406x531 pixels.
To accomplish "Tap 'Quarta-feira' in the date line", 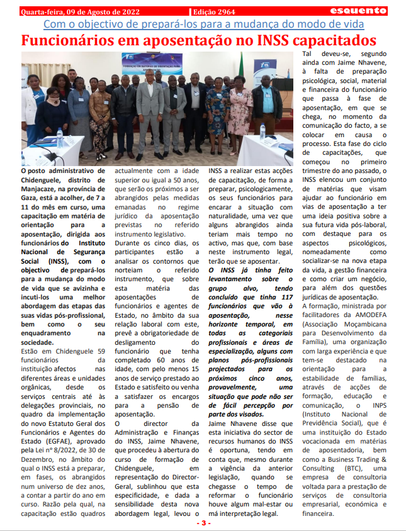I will point(43,11).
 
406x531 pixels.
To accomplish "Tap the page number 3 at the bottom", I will point(203,523).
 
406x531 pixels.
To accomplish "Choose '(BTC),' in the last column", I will point(359,468).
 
